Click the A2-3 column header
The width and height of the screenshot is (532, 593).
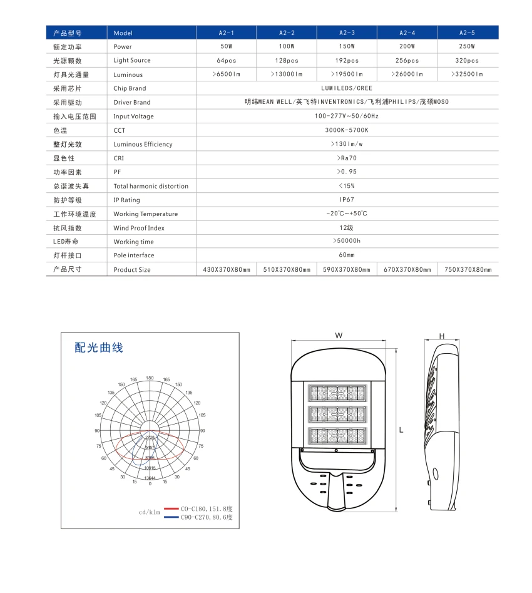point(347,33)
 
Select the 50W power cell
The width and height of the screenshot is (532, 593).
point(226,46)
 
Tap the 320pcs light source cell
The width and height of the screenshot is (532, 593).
point(467,61)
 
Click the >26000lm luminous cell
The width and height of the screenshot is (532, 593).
point(407,75)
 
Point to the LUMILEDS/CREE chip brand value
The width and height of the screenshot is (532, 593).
point(347,88)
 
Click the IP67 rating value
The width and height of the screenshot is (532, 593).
point(347,200)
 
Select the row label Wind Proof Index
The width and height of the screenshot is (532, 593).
point(139,228)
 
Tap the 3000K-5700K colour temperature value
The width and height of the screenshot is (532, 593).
point(347,130)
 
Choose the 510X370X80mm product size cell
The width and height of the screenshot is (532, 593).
point(287,270)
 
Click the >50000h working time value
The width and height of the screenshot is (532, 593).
point(347,242)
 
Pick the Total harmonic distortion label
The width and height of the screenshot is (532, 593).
point(151,186)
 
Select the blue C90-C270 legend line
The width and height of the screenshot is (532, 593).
point(171,518)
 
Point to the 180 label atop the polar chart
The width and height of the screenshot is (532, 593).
point(150,378)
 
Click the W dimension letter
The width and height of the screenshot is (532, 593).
point(339,336)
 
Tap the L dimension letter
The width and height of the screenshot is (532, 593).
point(401,430)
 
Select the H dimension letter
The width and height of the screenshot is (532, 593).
point(441,336)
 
